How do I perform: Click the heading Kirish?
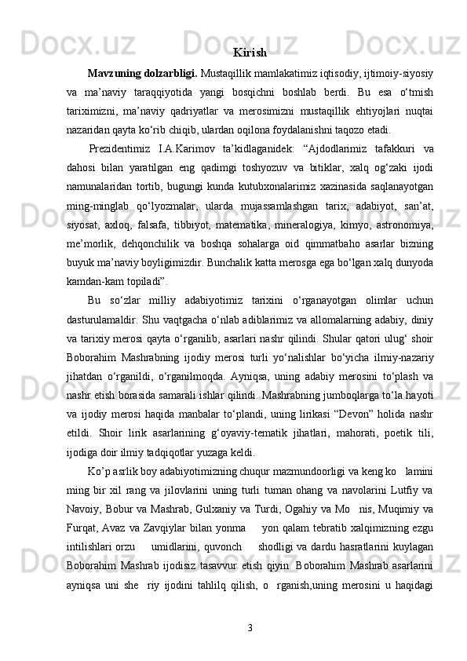(x=250, y=53)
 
